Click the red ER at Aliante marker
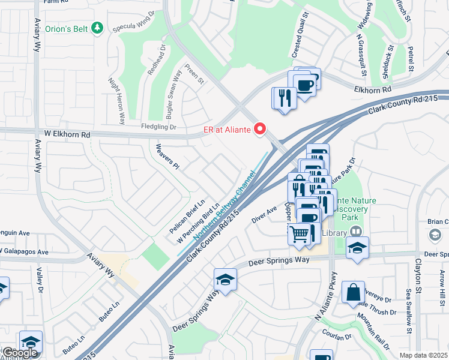(x=260, y=128)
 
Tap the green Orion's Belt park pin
(x=98, y=28)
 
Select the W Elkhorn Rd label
(x=67, y=135)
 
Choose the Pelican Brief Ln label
(x=187, y=217)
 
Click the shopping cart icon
(x=298, y=233)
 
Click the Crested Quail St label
(x=300, y=35)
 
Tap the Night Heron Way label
(x=116, y=100)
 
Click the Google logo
(x=20, y=353)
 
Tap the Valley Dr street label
(x=40, y=281)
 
